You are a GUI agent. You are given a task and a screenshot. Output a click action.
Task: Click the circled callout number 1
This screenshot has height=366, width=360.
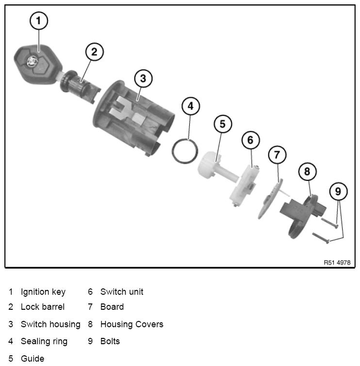tap(39, 21)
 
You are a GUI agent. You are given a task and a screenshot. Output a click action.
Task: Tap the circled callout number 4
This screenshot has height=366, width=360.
tap(191, 106)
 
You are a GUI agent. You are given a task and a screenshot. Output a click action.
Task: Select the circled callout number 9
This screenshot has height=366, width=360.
tap(338, 191)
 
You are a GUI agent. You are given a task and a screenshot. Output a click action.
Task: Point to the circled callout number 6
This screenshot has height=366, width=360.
tap(250, 140)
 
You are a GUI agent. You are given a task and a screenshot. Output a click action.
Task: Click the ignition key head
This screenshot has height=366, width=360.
tap(37, 64)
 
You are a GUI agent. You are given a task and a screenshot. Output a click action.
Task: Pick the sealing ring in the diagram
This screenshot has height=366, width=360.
tap(185, 151)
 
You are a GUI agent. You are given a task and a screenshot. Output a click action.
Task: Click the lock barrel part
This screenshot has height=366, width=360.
tap(80, 86)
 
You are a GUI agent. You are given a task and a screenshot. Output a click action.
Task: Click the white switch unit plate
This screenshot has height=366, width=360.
tap(244, 186)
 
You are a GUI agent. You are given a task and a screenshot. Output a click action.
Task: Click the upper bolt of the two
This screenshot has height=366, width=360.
tap(329, 223)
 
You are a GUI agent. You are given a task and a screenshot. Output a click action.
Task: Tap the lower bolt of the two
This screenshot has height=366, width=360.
tap(321, 238)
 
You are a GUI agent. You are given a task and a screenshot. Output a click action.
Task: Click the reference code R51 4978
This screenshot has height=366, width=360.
tap(337, 263)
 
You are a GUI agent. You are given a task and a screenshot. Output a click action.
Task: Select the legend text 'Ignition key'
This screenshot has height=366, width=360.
tap(43, 292)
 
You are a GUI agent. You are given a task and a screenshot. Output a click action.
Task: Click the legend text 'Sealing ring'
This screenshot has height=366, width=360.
tap(44, 341)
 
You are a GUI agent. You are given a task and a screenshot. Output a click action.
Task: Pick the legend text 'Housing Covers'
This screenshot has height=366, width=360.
tap(132, 324)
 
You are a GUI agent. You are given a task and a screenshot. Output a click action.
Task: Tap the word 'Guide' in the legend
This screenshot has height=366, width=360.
tap(33, 359)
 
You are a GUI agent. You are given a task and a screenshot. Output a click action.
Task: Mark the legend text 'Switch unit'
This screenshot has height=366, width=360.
tap(122, 292)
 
